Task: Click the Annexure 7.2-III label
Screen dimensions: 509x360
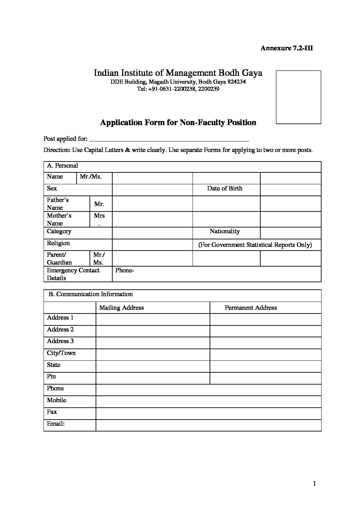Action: (x=287, y=48)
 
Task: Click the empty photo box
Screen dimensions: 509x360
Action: (x=298, y=97)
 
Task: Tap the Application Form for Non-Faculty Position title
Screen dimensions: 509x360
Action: (x=178, y=122)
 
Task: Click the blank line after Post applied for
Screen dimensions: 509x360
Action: (x=169, y=139)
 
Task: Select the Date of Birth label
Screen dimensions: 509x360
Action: (x=225, y=188)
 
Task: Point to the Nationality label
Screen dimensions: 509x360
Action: (x=225, y=231)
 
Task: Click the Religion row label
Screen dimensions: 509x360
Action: (x=58, y=243)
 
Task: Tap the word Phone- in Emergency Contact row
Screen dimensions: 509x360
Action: (x=125, y=270)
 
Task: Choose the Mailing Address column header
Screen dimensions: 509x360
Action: (x=121, y=308)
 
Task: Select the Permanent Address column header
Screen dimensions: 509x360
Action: (x=251, y=308)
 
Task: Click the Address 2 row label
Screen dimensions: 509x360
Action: (x=60, y=329)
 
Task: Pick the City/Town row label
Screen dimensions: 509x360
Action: (x=61, y=353)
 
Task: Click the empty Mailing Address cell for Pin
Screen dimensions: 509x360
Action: (x=153, y=378)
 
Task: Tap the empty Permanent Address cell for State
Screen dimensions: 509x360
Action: (x=265, y=366)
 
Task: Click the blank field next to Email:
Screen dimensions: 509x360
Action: (x=208, y=425)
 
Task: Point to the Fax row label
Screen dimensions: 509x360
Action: (x=52, y=412)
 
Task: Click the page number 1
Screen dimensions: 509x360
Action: (x=314, y=483)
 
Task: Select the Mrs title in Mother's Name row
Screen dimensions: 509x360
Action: (x=99, y=216)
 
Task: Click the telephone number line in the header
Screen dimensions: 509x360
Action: (x=178, y=89)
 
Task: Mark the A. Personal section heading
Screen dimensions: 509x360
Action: (x=63, y=166)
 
